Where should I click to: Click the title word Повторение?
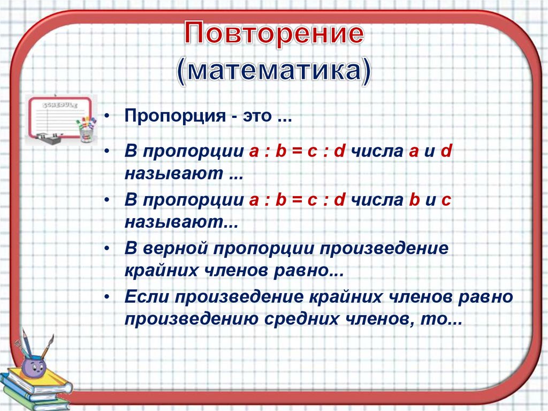click(274, 35)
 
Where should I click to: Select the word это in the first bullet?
click(258, 117)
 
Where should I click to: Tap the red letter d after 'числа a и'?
click(446, 152)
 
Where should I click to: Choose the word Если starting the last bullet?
click(145, 297)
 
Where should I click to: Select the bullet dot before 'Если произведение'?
click(108, 297)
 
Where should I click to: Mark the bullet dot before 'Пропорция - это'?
click(108, 117)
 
